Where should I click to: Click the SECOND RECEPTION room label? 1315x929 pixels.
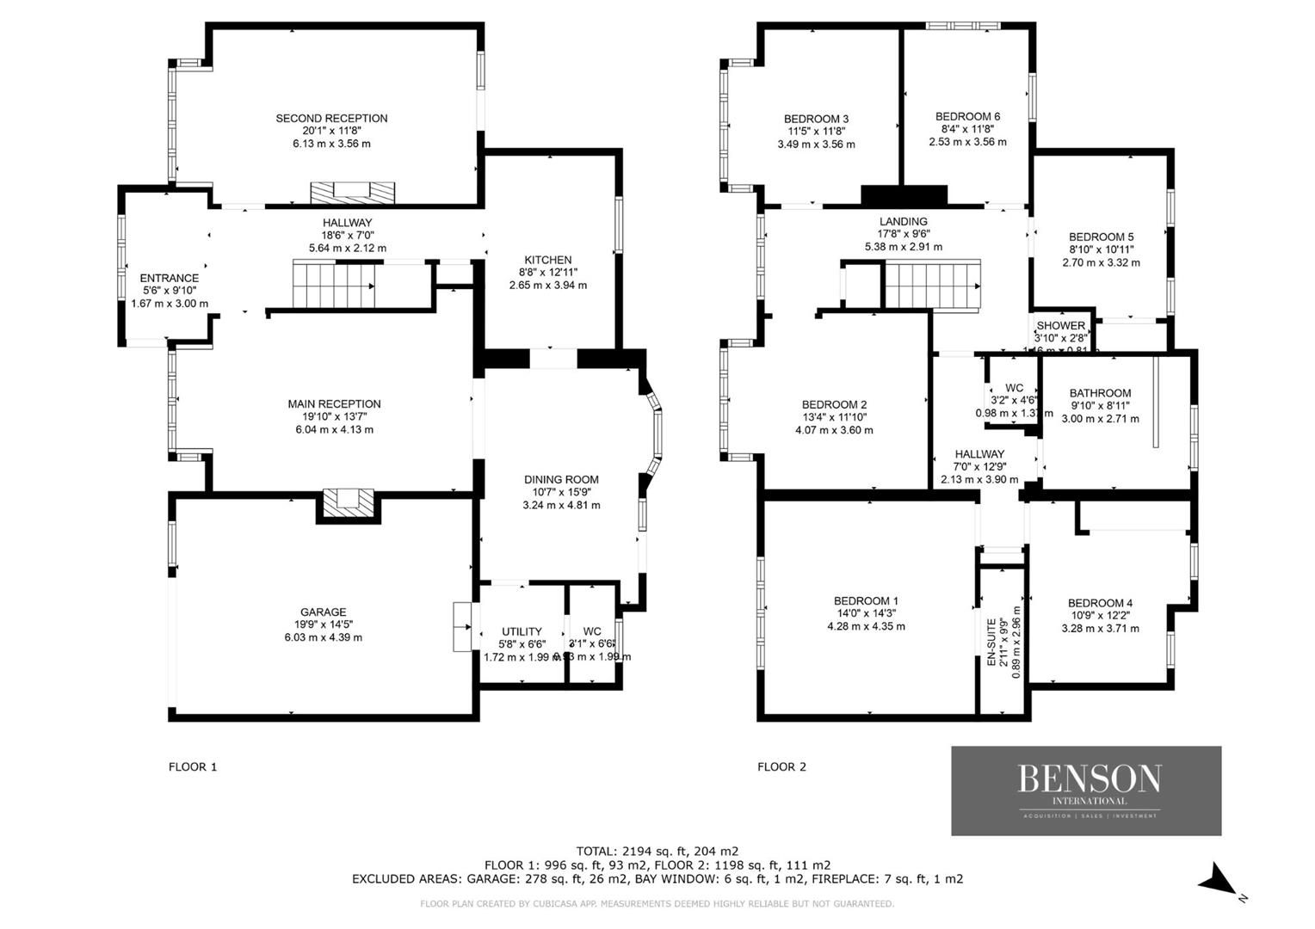331,118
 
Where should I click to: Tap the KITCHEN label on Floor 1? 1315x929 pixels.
548,260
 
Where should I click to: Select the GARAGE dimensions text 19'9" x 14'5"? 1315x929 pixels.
323,625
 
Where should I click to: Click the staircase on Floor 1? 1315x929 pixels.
334,285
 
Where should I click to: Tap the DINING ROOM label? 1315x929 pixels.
561,480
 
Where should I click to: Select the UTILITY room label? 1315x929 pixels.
522,631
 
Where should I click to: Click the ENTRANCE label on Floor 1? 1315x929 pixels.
170,278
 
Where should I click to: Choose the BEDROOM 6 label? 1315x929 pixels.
967,116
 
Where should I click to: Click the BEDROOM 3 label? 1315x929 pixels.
816,119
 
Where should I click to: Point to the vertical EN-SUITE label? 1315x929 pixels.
991,642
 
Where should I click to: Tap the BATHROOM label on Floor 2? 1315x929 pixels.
1100,393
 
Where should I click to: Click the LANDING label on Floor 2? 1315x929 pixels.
903,221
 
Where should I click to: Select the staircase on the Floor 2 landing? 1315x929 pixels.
932,285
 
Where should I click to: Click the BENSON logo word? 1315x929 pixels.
1089,778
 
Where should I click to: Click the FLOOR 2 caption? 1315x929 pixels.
781,766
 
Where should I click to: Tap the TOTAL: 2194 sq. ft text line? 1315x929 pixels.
657,851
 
